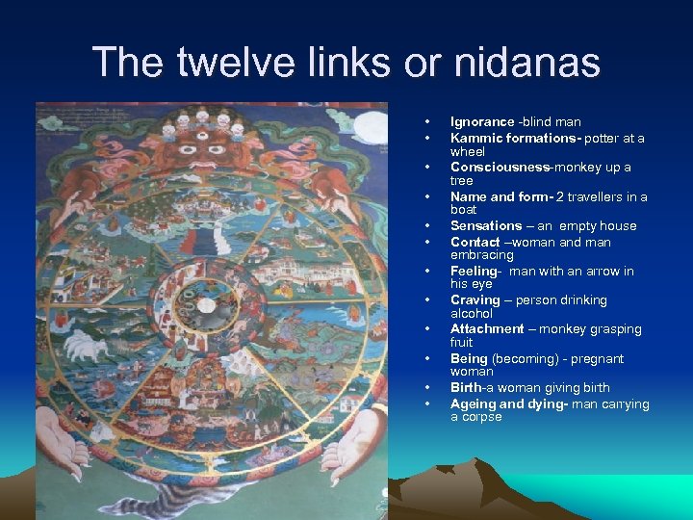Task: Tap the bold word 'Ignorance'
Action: pos(482,122)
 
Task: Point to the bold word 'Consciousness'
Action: pos(497,168)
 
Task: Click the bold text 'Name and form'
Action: pos(498,196)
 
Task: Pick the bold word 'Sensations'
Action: pos(486,226)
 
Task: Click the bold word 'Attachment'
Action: pos(487,329)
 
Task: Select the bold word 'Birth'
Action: pos(466,388)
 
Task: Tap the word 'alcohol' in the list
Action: pos(472,314)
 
